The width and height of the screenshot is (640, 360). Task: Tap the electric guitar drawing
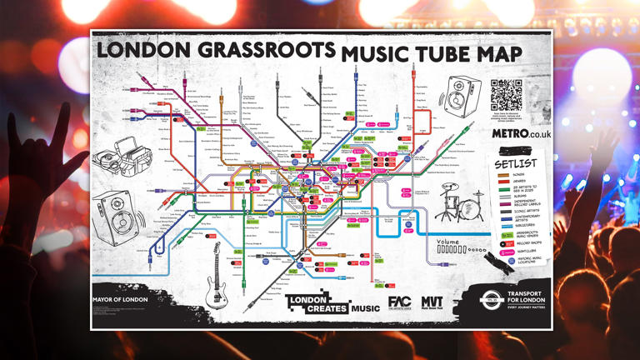coord(217,275)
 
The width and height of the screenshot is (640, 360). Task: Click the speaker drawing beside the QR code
coord(459,96)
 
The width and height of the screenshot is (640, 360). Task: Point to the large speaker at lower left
coord(116,217)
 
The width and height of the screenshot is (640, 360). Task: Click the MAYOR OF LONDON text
coord(120,298)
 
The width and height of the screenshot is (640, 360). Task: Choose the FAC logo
coord(399,303)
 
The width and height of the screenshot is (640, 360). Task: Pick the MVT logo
coord(432,303)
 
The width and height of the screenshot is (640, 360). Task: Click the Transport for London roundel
coord(491,301)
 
